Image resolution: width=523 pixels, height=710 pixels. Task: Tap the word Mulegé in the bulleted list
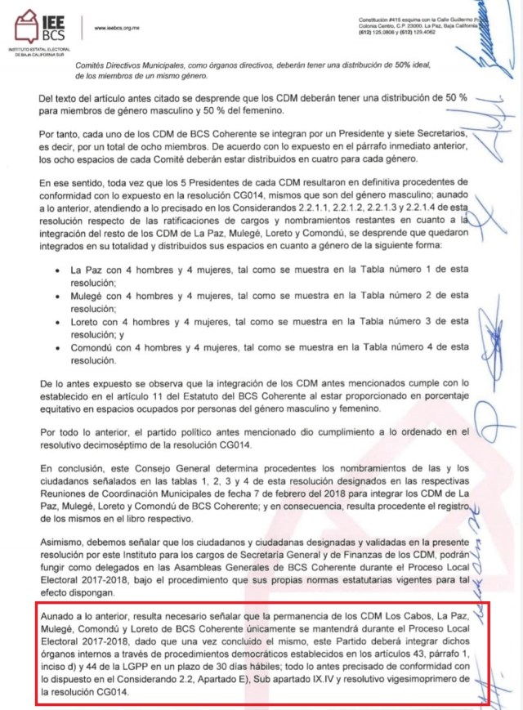coord(90,295)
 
